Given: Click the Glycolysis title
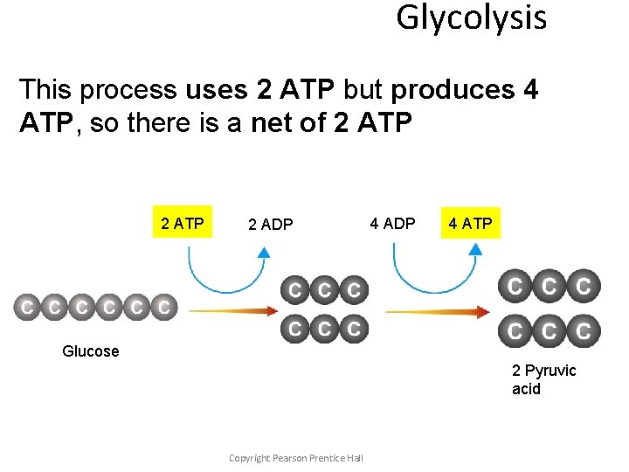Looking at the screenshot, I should [471, 17].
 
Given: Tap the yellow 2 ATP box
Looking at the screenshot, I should [183, 224].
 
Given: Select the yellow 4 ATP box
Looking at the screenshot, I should [470, 224].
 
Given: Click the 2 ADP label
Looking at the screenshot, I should [271, 225].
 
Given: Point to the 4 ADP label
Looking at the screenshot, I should [392, 224].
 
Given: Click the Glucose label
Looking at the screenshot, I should [90, 351].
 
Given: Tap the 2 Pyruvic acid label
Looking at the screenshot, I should [543, 379].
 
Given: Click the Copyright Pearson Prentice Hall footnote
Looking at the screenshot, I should [295, 458].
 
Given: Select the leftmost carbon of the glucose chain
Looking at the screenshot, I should [28, 308].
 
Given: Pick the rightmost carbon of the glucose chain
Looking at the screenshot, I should [163, 308].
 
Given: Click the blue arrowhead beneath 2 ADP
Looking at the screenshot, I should [263, 252].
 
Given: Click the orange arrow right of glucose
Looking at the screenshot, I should [232, 309].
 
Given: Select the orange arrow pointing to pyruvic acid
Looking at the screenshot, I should [437, 311].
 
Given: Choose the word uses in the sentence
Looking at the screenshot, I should [218, 90].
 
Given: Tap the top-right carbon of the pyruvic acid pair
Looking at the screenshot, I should [584, 285].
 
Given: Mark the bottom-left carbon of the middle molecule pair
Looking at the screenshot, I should [295, 329].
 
